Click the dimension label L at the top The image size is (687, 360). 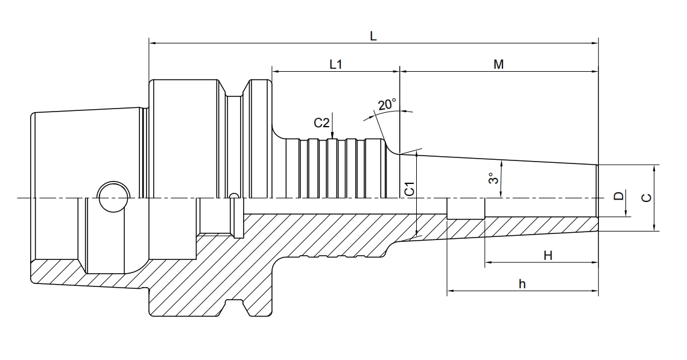[373, 36]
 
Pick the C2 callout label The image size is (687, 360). [321, 123]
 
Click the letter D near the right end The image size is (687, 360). [618, 197]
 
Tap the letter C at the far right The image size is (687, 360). [646, 197]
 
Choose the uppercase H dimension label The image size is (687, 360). [548, 256]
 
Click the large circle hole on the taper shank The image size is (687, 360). [113, 197]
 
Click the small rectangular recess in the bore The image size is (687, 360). [466, 208]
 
